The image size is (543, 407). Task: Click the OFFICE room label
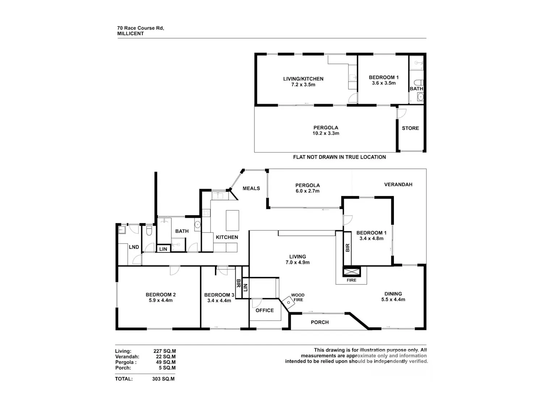pos(265,310)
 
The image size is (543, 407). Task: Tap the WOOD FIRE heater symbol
pos(289,303)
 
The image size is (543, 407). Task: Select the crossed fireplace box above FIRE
pos(351,272)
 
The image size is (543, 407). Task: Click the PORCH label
pos(320,322)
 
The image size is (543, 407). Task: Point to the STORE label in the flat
pos(410,128)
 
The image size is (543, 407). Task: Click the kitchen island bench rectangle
pos(232,220)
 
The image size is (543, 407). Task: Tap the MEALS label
pos(251,188)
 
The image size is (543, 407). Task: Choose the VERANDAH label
pos(398,185)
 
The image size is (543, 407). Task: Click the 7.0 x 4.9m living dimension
pos(297,262)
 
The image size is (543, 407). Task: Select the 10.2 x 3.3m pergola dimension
pos(325,133)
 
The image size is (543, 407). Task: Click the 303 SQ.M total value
pos(163,379)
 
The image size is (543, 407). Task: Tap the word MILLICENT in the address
pos(130,34)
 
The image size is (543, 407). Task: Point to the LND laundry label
pos(134,247)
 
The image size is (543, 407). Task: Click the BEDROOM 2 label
pos(161,294)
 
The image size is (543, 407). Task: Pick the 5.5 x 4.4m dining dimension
pos(393,300)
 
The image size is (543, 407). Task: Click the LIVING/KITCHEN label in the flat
pos(303,79)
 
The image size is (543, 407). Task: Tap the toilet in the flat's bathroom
pos(418,82)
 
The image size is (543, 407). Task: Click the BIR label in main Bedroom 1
pos(347,248)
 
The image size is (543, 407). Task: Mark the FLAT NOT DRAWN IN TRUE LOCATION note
pos(340,157)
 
